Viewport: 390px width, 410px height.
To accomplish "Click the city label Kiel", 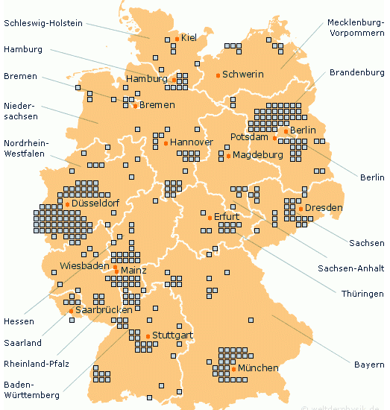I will point(189,37).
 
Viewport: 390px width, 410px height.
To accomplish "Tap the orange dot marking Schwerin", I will point(218,75).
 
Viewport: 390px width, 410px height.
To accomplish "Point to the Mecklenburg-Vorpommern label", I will point(356,28).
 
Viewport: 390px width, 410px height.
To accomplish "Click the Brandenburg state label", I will point(356,72).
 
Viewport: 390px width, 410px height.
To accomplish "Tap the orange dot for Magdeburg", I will point(228,157).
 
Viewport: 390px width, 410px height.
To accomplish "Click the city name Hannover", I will point(192,142).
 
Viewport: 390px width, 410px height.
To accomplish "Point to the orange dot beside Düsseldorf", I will point(67,204).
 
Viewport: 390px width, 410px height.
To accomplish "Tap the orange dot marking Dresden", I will point(301,208).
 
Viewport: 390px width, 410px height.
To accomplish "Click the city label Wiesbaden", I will point(84,265).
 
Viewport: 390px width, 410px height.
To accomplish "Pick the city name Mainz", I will point(133,271).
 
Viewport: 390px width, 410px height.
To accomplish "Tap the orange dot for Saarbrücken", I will point(71,310).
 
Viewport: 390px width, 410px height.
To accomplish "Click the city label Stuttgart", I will point(173,335).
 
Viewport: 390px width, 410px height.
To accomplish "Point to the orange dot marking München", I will point(233,369).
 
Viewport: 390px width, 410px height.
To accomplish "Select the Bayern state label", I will point(368,365).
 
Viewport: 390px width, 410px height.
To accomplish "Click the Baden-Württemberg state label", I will point(32,390).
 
